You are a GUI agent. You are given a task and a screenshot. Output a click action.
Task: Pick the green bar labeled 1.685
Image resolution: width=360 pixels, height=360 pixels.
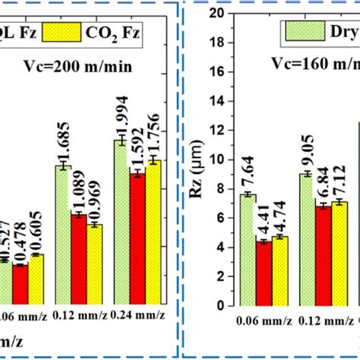(x=63, y=235)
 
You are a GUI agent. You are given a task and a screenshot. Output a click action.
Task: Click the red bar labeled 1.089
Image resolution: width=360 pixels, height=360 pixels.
(x=80, y=259)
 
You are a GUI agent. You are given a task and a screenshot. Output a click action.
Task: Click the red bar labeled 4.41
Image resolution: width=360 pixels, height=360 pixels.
(x=264, y=273)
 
